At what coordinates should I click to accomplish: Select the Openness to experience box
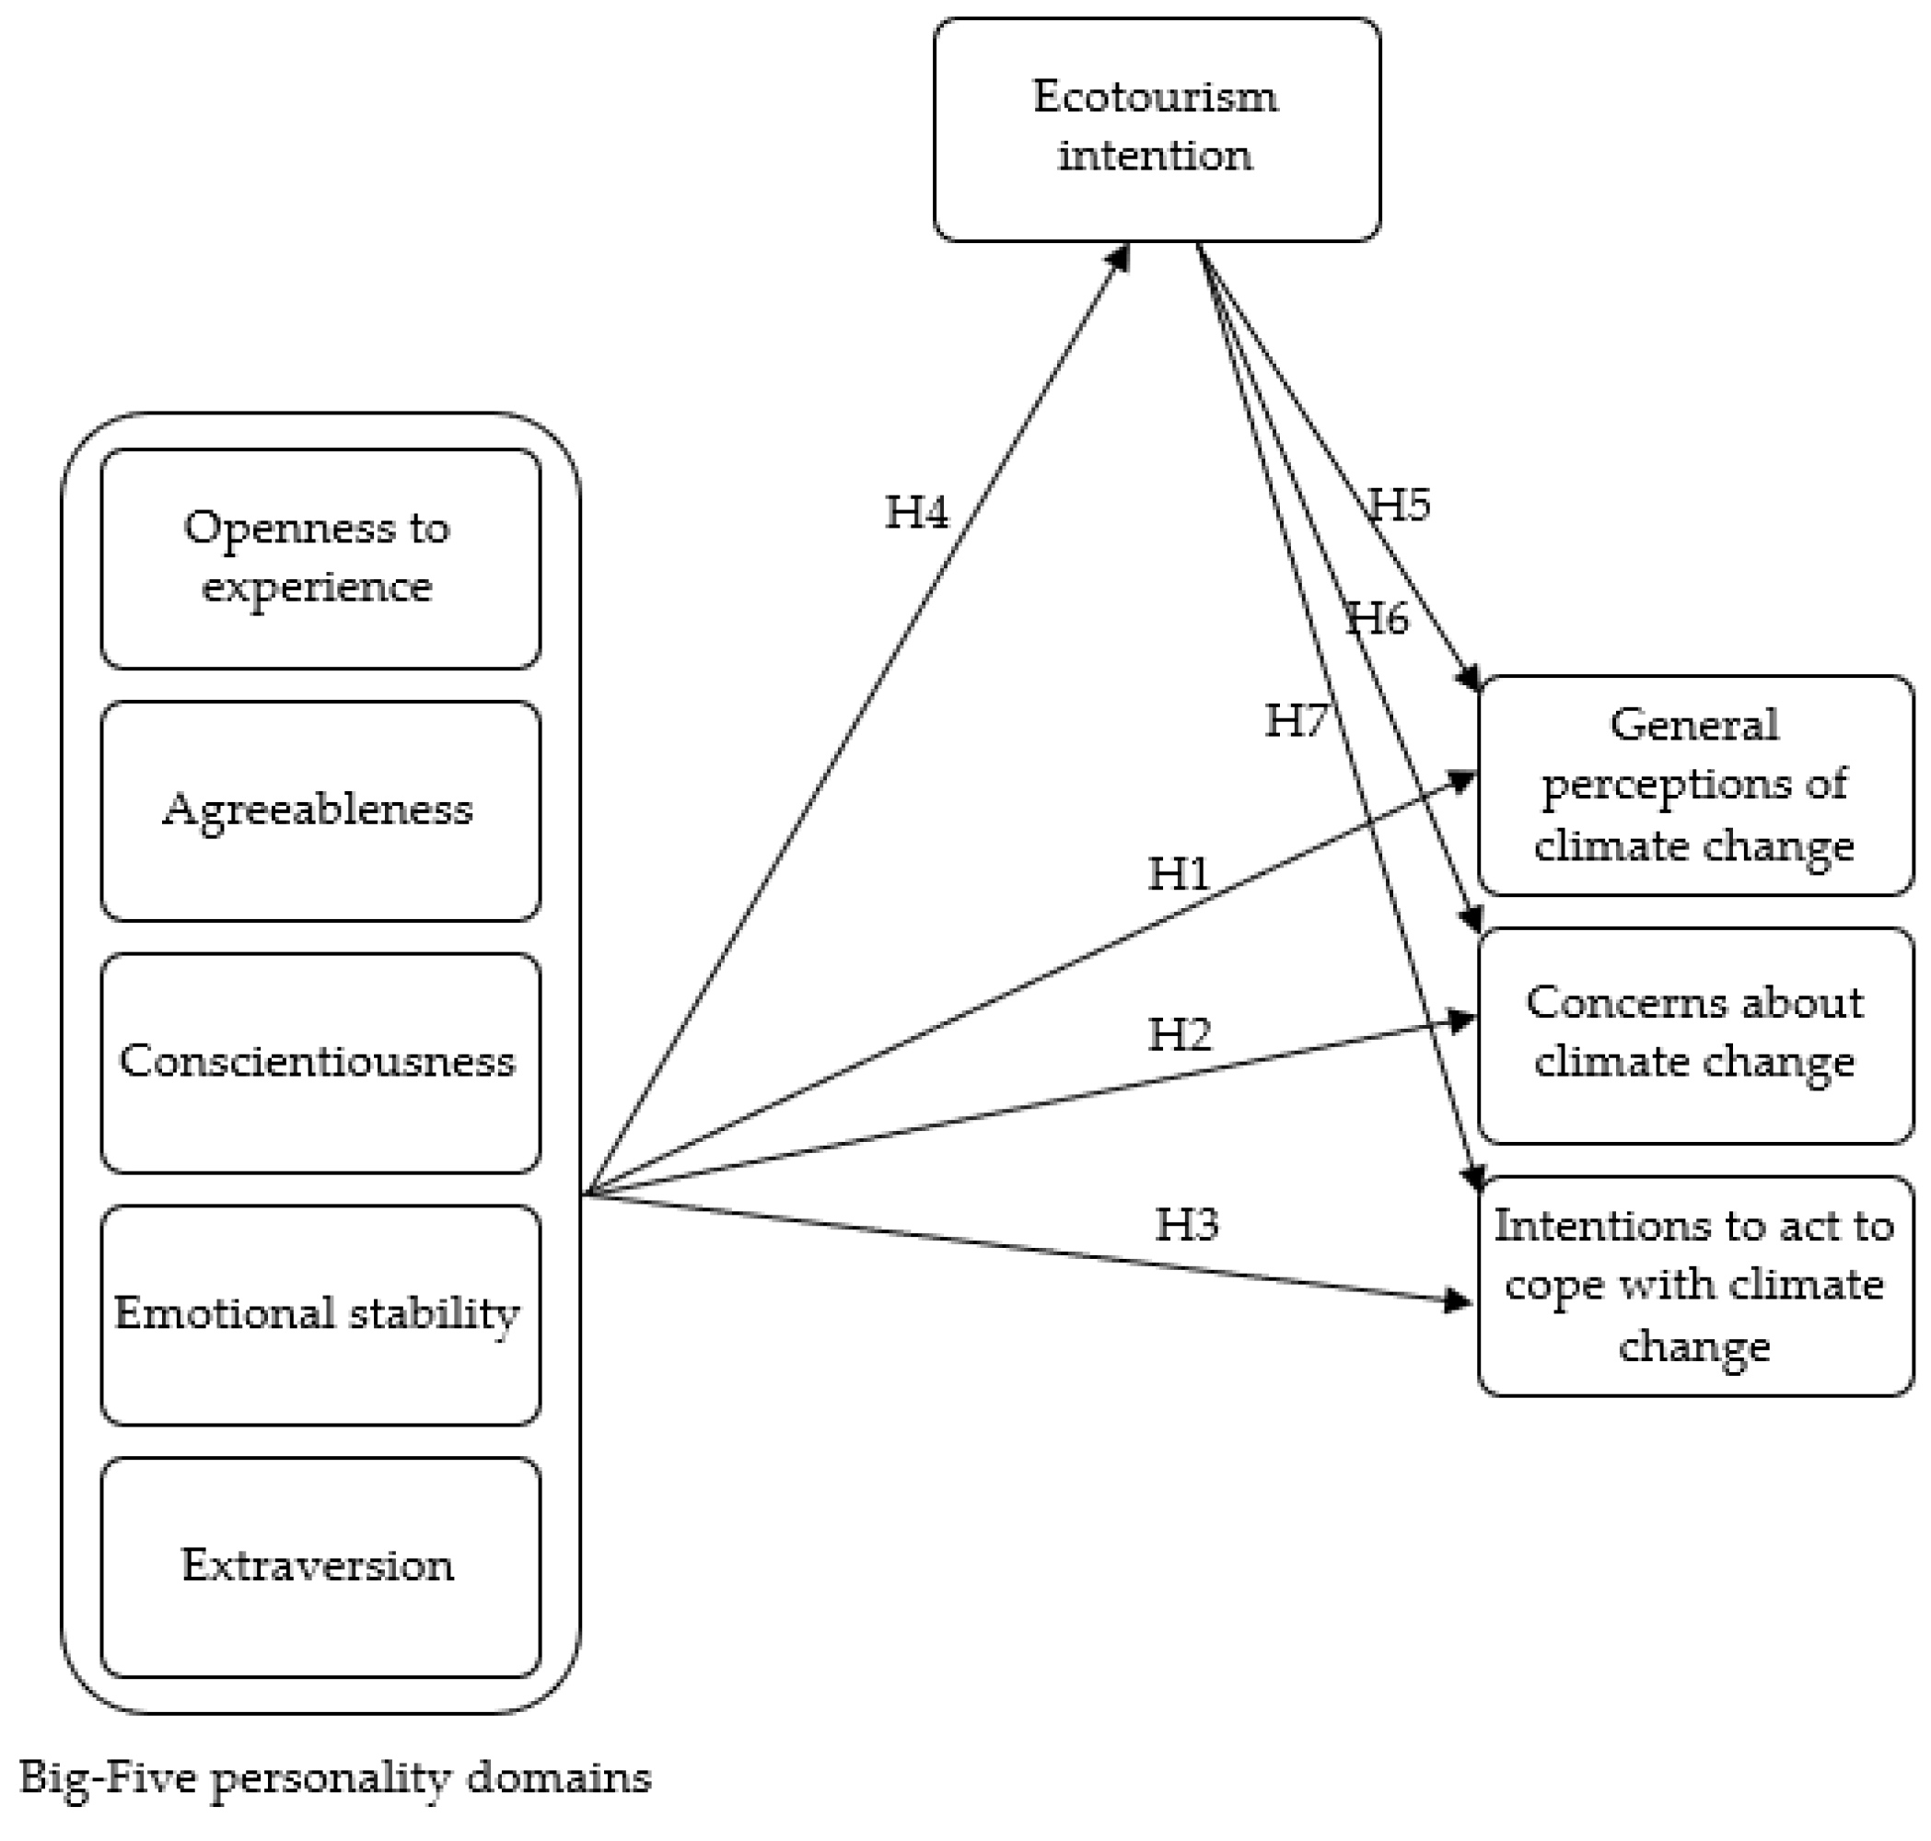pyautogui.click(x=320, y=558)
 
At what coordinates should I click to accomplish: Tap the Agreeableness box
pyautogui.click(x=320, y=810)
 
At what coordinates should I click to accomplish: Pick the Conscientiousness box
pyautogui.click(x=320, y=1062)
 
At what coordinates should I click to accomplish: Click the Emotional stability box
pyautogui.click(x=320, y=1314)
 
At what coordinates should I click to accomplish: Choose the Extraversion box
pyautogui.click(x=320, y=1567)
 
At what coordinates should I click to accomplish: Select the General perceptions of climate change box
pyautogui.click(x=1694, y=785)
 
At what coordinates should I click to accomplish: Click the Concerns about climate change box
pyautogui.click(x=1694, y=1034)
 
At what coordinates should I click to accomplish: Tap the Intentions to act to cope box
pyautogui.click(x=1694, y=1286)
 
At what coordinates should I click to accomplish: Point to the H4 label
pyautogui.click(x=916, y=512)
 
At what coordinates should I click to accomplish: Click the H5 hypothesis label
pyautogui.click(x=1399, y=505)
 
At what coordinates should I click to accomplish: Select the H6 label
pyautogui.click(x=1377, y=618)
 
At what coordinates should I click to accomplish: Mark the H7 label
pyautogui.click(x=1296, y=721)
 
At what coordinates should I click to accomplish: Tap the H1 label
pyautogui.click(x=1179, y=873)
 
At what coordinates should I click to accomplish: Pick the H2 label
pyautogui.click(x=1180, y=1034)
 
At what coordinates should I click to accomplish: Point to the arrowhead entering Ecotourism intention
pyautogui.click(x=1120, y=257)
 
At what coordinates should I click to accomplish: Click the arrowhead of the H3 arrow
pyautogui.click(x=1459, y=1301)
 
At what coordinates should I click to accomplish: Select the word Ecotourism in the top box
pyautogui.click(x=1155, y=96)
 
